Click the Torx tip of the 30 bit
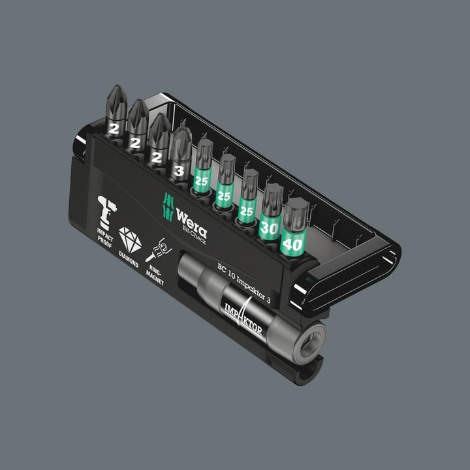click(273, 194)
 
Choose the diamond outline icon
click(129, 241)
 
